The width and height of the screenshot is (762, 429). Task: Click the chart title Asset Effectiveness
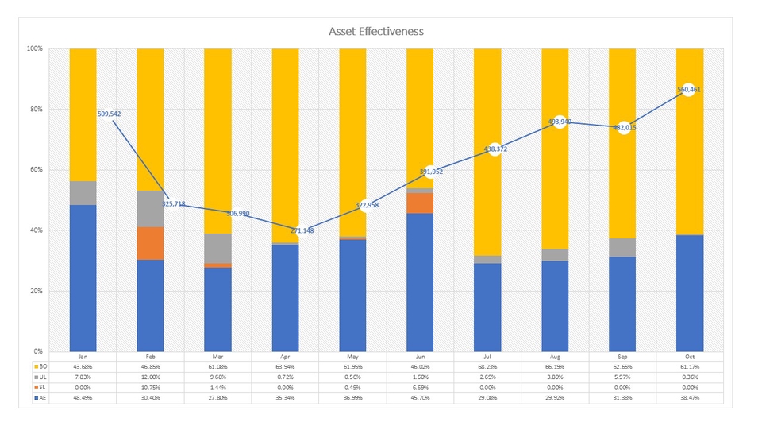pyautogui.click(x=376, y=31)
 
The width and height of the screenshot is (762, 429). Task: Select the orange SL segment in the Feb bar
pyautogui.click(x=150, y=243)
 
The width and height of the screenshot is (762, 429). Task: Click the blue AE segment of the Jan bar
pyautogui.click(x=83, y=278)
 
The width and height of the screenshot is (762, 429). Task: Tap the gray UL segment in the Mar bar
pyautogui.click(x=217, y=248)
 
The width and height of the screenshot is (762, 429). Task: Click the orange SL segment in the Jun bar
pyautogui.click(x=420, y=203)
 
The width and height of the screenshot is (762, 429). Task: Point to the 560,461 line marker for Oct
pyautogui.click(x=689, y=90)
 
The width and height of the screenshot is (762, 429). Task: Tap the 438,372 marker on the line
pyautogui.click(x=495, y=149)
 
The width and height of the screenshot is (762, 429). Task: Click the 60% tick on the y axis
pyautogui.click(x=37, y=170)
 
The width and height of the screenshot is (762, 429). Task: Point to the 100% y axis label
pyautogui.click(x=35, y=48)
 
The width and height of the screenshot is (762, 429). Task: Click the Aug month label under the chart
pyautogui.click(x=555, y=357)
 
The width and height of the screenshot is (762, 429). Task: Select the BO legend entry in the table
pyautogui.click(x=41, y=366)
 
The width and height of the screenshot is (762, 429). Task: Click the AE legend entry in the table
pyautogui.click(x=41, y=397)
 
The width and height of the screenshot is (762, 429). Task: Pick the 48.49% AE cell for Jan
pyautogui.click(x=83, y=397)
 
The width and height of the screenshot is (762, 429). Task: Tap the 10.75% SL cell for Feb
pyautogui.click(x=150, y=387)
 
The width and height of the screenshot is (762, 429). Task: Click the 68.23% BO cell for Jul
pyautogui.click(x=487, y=366)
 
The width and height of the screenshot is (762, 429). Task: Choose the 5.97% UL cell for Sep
pyautogui.click(x=622, y=377)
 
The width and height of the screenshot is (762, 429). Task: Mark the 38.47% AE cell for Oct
pyautogui.click(x=690, y=397)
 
